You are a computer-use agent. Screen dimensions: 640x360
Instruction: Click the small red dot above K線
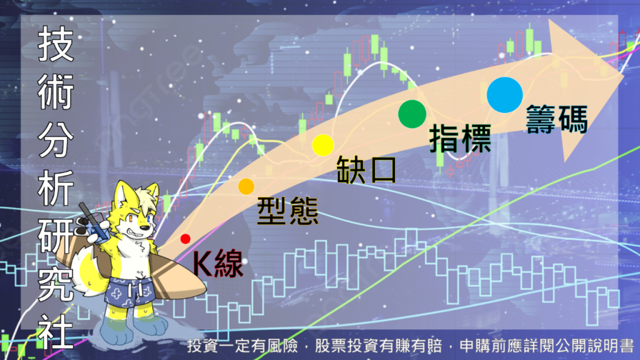pyautogui.click(x=185, y=239)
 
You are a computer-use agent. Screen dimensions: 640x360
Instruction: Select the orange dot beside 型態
pyautogui.click(x=246, y=186)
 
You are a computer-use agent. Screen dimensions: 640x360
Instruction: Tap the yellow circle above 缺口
pyautogui.click(x=323, y=145)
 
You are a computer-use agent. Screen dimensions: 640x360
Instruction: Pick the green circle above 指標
pyautogui.click(x=412, y=114)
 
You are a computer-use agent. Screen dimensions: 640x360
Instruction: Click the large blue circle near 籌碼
pyautogui.click(x=505, y=95)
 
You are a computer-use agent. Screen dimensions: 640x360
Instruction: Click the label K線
pyautogui.click(x=218, y=263)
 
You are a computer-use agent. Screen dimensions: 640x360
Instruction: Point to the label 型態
pyautogui.click(x=287, y=211)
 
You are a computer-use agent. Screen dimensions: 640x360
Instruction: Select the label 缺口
pyautogui.click(x=366, y=169)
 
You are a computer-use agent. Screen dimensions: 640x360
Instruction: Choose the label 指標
pyautogui.click(x=460, y=139)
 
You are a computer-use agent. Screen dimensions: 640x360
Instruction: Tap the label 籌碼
pyautogui.click(x=557, y=119)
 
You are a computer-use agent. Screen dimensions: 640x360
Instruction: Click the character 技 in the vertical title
pyautogui.click(x=56, y=44)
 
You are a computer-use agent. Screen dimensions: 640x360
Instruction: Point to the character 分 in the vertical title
pyautogui.click(x=56, y=140)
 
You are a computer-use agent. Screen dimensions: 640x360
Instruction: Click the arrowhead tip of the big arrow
pyautogui.click(x=624, y=75)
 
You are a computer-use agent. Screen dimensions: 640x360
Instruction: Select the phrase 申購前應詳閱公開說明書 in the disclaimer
pyautogui.click(x=546, y=346)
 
